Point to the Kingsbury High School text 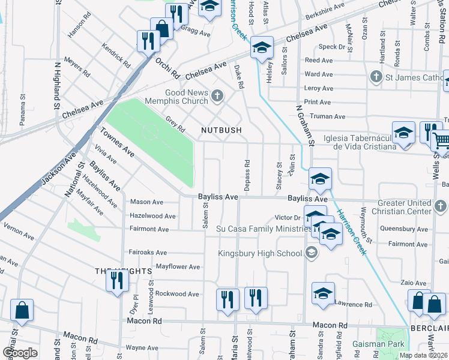pos(259,253)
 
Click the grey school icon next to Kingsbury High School pos(311,253)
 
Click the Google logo pos(20,352)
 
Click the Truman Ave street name pos(325,116)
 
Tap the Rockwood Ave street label pos(177,294)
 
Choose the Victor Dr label pos(287,217)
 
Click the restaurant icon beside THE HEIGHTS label pos(116,280)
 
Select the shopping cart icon pos(442,141)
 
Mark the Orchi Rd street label pos(167,68)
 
